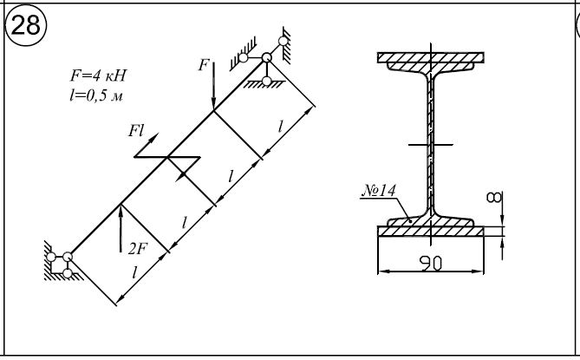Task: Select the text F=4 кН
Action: (x=98, y=75)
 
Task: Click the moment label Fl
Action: (x=137, y=131)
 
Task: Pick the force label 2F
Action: (x=137, y=249)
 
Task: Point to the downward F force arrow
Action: (x=213, y=87)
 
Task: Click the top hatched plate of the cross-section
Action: (x=431, y=60)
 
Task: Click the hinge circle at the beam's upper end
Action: (x=266, y=58)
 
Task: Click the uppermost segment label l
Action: (x=280, y=127)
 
